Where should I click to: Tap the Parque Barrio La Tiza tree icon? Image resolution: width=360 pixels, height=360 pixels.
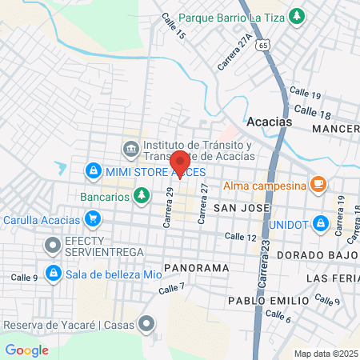298,16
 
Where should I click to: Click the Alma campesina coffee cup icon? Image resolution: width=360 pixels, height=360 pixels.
318,185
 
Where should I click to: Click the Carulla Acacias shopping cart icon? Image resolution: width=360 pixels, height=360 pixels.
94,218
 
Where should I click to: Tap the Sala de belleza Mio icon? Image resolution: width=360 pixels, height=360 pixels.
53,273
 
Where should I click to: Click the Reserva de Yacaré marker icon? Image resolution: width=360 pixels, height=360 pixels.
146,323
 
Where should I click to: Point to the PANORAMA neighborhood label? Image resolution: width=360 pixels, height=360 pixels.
196,267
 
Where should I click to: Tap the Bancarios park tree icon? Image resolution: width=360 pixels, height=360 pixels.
141,194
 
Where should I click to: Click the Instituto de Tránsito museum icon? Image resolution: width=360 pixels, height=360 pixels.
130,149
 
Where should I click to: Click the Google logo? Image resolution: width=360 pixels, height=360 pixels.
26,350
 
